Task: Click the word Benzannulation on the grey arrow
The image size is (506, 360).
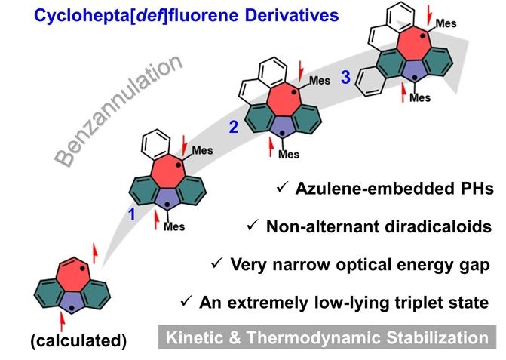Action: point(121,112)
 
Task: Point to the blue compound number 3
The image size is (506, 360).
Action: point(345,76)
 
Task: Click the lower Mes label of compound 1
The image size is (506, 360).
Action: point(175,225)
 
